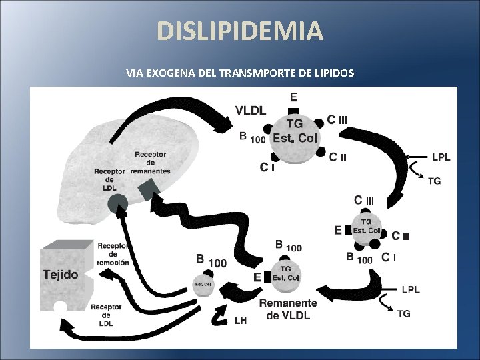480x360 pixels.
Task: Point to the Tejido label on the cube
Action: [61, 274]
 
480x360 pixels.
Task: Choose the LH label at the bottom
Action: [241, 320]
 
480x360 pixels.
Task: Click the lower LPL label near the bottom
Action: [411, 289]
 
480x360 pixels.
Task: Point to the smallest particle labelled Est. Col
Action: [203, 284]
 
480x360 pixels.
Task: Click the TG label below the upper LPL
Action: [434, 181]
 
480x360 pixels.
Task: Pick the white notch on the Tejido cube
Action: [61, 307]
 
